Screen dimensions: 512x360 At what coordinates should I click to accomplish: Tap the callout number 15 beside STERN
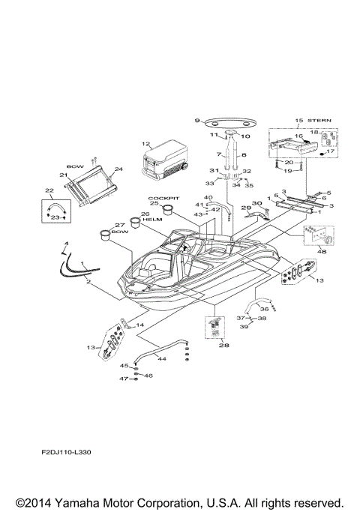coord(298,121)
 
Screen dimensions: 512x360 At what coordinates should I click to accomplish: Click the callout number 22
coord(49,190)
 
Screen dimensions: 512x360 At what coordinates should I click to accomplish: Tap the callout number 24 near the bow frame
coord(118,169)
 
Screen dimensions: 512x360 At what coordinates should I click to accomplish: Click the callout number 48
coord(322,253)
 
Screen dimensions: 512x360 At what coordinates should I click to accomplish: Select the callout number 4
coord(64,244)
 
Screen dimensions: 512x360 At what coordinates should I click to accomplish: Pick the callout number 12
coord(145,143)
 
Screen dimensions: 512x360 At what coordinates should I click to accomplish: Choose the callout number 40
coord(208,197)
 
